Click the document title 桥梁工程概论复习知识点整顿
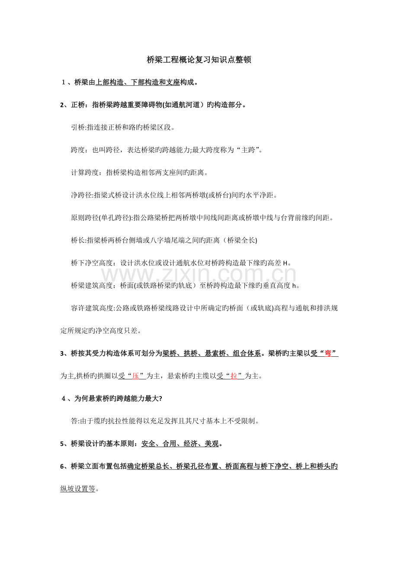coord(199,60)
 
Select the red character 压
coord(135,376)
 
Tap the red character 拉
coord(234,376)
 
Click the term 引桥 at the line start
coord(78,128)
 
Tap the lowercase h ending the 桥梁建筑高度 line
coord(294,285)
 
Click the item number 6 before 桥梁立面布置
coord(62,466)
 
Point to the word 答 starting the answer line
coord(74,421)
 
